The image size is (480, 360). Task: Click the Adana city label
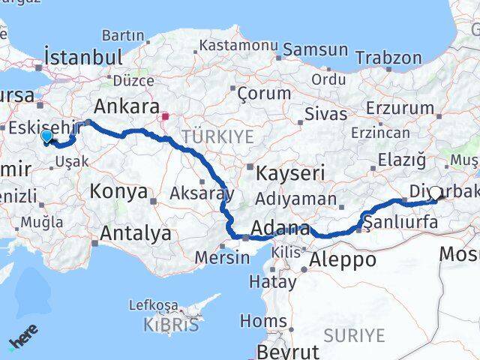click(280, 228)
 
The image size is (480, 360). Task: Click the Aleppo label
click(341, 259)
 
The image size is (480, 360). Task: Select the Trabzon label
click(388, 58)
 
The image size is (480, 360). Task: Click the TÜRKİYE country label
click(217, 136)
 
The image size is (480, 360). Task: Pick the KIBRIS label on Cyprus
click(172, 325)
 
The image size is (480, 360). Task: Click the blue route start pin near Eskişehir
click(46, 136)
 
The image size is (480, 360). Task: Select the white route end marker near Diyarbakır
click(436, 193)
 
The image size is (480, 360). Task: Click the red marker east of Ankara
click(165, 117)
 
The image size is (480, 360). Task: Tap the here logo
click(22, 342)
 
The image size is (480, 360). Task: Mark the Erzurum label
click(400, 109)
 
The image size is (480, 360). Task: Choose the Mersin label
click(222, 257)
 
